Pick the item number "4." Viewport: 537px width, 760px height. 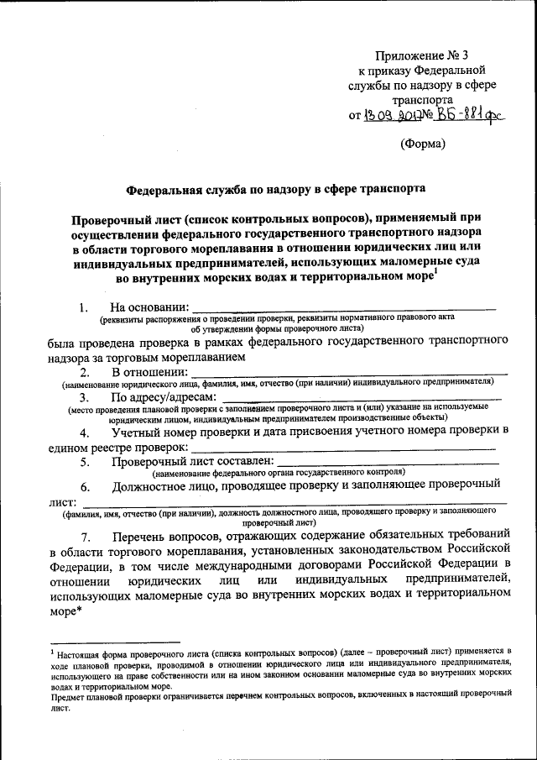point(85,433)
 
